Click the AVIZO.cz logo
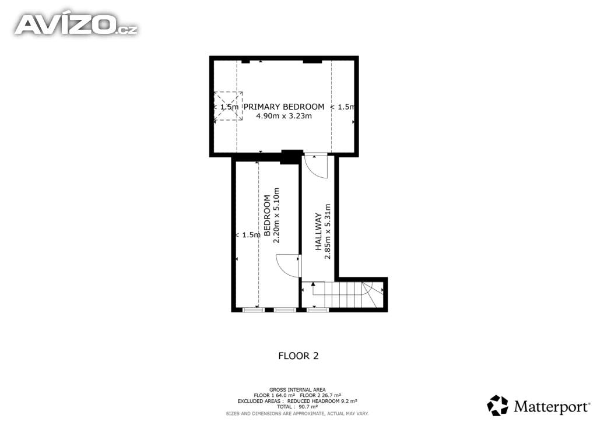point(76,24)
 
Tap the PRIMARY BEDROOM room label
point(284,107)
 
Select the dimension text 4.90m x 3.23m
point(284,116)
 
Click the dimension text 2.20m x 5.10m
point(277,216)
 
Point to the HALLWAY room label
point(318,231)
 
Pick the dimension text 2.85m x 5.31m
point(328,231)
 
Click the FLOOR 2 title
point(298,356)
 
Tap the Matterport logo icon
point(498,405)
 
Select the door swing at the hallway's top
point(317,166)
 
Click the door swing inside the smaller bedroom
point(289,266)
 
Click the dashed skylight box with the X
point(228,107)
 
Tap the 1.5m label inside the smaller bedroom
point(248,235)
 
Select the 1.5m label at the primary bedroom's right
point(343,107)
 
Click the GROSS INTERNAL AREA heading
point(297,390)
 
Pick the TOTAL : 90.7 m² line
point(297,407)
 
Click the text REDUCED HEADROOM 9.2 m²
point(322,401)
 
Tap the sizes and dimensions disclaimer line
point(297,413)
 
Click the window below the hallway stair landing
point(318,310)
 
